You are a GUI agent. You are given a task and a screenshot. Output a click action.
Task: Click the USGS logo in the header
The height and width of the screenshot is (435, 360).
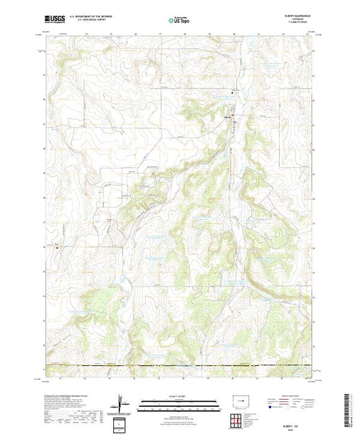click(x=55, y=21)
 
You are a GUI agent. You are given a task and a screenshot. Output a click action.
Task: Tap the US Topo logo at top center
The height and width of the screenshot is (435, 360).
click(x=179, y=21)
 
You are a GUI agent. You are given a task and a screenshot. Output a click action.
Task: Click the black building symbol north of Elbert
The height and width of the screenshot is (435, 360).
click(x=232, y=93)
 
